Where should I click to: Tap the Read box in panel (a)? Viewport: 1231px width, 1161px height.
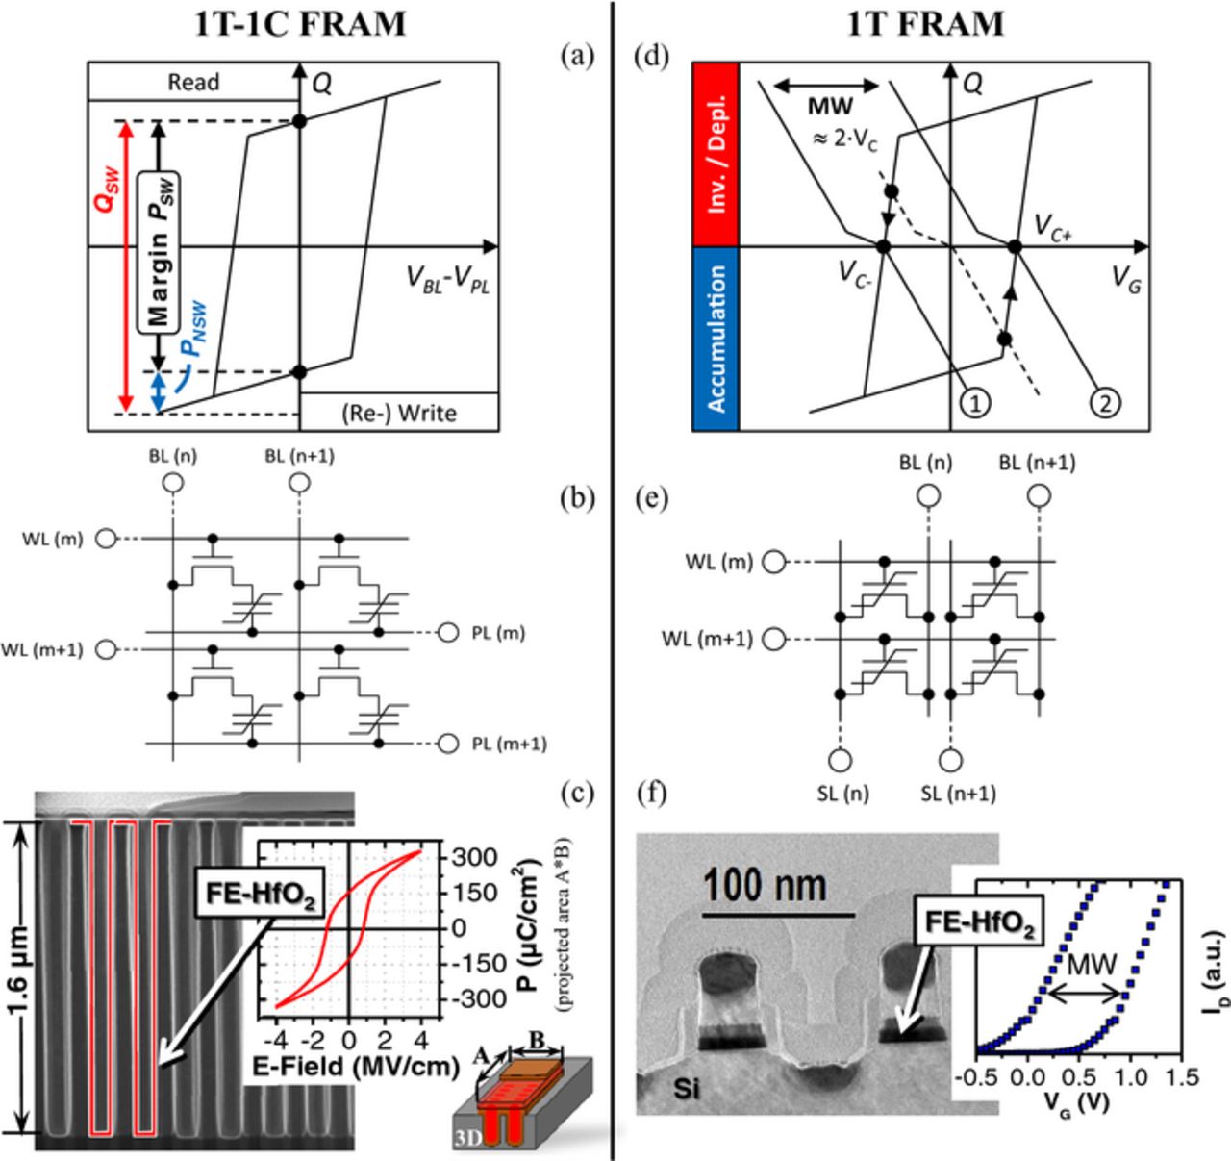pos(193,83)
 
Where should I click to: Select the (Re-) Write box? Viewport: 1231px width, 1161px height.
pos(399,413)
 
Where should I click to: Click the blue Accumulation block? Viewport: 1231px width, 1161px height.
pos(716,339)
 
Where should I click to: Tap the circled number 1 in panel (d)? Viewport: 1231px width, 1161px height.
pos(975,402)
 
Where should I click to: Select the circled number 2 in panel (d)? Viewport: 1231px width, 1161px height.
pos(1105,402)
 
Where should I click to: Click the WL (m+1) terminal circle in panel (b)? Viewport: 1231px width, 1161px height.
pos(107,650)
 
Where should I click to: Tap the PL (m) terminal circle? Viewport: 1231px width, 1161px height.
pos(447,633)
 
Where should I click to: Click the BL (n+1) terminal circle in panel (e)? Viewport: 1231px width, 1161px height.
pos(1038,495)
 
